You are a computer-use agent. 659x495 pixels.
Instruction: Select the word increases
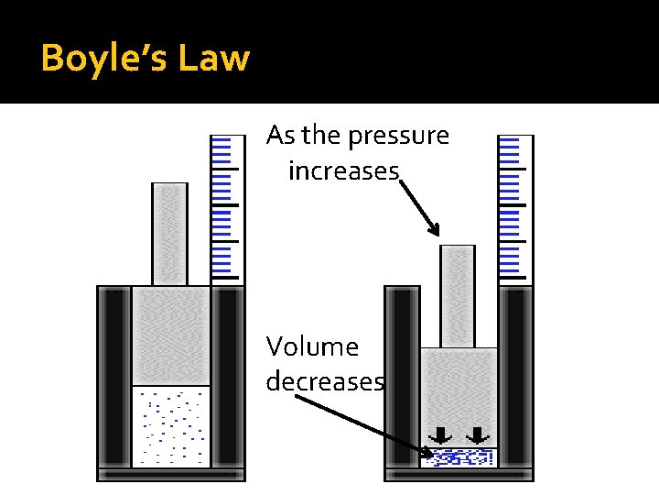(x=343, y=170)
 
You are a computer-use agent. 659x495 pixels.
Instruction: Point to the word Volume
(x=312, y=346)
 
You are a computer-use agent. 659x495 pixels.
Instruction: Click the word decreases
(x=324, y=380)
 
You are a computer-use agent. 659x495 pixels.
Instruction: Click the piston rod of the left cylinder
(x=169, y=234)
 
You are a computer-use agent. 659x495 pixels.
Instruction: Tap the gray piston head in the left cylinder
(x=171, y=335)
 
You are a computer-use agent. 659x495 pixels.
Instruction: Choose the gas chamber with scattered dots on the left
(x=171, y=426)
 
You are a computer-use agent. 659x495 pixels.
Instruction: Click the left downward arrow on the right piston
(x=440, y=434)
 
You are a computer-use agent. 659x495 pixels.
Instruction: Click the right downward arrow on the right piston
(x=477, y=434)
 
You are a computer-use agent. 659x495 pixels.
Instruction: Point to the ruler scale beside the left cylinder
(x=227, y=206)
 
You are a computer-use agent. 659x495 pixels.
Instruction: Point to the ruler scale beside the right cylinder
(x=514, y=206)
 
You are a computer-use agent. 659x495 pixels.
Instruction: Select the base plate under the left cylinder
(x=171, y=475)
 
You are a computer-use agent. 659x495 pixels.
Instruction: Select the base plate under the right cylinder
(x=459, y=475)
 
